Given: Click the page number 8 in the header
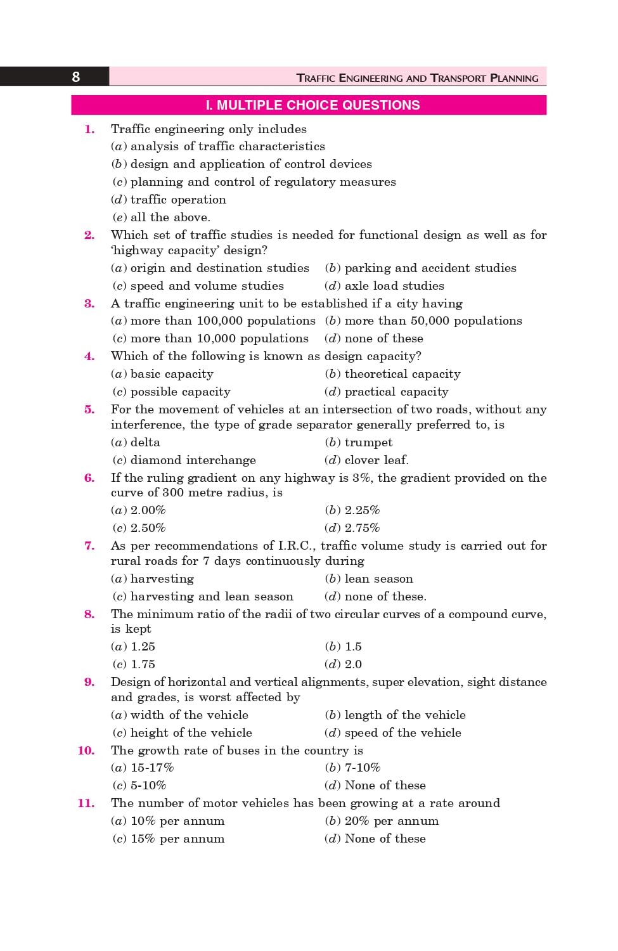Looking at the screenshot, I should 75,77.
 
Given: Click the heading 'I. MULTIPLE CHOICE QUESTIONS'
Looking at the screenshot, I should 312,105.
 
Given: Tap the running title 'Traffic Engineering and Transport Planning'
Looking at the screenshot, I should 417,78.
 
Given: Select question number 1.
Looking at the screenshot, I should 89,129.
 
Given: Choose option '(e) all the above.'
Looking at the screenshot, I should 161,217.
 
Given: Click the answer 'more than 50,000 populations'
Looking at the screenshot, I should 433,321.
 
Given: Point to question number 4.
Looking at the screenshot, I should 89,356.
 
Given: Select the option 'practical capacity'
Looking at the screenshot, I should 396,392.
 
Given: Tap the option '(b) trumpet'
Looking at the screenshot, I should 359,443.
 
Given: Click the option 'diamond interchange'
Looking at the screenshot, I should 193,460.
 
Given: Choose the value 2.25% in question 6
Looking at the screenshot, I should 362,510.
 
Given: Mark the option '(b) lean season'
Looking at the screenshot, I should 369,579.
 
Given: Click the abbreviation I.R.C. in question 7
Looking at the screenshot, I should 295,546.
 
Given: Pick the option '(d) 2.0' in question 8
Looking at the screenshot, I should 344,664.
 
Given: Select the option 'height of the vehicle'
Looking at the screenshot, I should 191,733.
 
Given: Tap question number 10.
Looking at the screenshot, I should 86,751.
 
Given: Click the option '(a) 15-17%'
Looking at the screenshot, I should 143,768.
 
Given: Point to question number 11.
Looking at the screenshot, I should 86,803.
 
